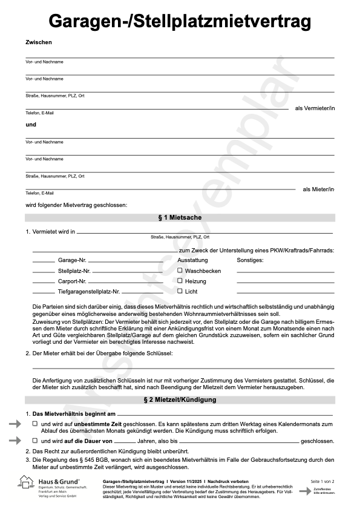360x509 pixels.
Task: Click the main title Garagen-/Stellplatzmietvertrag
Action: pos(180,22)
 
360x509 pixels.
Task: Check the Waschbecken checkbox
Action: pos(180,271)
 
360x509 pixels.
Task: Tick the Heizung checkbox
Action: pos(180,281)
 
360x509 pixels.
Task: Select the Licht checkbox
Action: pos(180,291)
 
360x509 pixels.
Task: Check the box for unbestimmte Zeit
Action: pos(34,425)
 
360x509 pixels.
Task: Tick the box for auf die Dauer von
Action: pos(34,441)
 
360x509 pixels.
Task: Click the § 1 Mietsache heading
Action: pos(180,217)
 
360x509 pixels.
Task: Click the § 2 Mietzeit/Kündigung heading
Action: pos(180,400)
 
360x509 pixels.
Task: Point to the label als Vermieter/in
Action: pos(315,108)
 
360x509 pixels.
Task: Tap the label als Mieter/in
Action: pos(318,189)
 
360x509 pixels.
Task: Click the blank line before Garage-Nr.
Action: pos(43,261)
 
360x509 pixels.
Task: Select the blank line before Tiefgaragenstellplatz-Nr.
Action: pos(43,292)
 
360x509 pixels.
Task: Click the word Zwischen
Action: pos(39,42)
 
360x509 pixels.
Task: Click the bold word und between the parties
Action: pos(31,125)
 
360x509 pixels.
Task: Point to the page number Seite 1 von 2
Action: pos(322,481)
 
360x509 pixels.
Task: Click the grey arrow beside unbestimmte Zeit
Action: pos(15,425)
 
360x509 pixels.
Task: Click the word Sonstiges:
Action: pos(250,260)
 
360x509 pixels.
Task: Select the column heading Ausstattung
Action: pos(192,260)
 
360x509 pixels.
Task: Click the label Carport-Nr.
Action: pos(72,281)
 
